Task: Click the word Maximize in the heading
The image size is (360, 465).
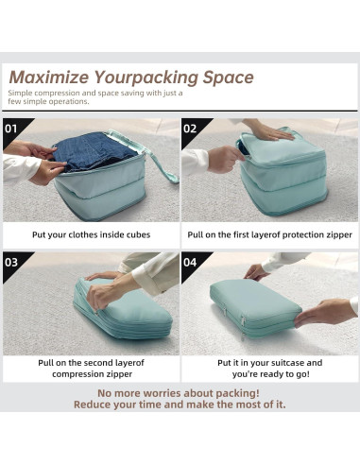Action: pyautogui.click(x=46, y=77)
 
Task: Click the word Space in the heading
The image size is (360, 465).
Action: pyautogui.click(x=229, y=77)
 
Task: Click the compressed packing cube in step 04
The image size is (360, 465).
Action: pyautogui.click(x=254, y=306)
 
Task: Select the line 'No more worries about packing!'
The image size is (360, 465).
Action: pyautogui.click(x=179, y=392)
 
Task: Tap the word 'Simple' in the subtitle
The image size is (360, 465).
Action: pyautogui.click(x=24, y=93)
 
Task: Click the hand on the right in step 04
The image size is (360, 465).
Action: pyautogui.click(x=325, y=311)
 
